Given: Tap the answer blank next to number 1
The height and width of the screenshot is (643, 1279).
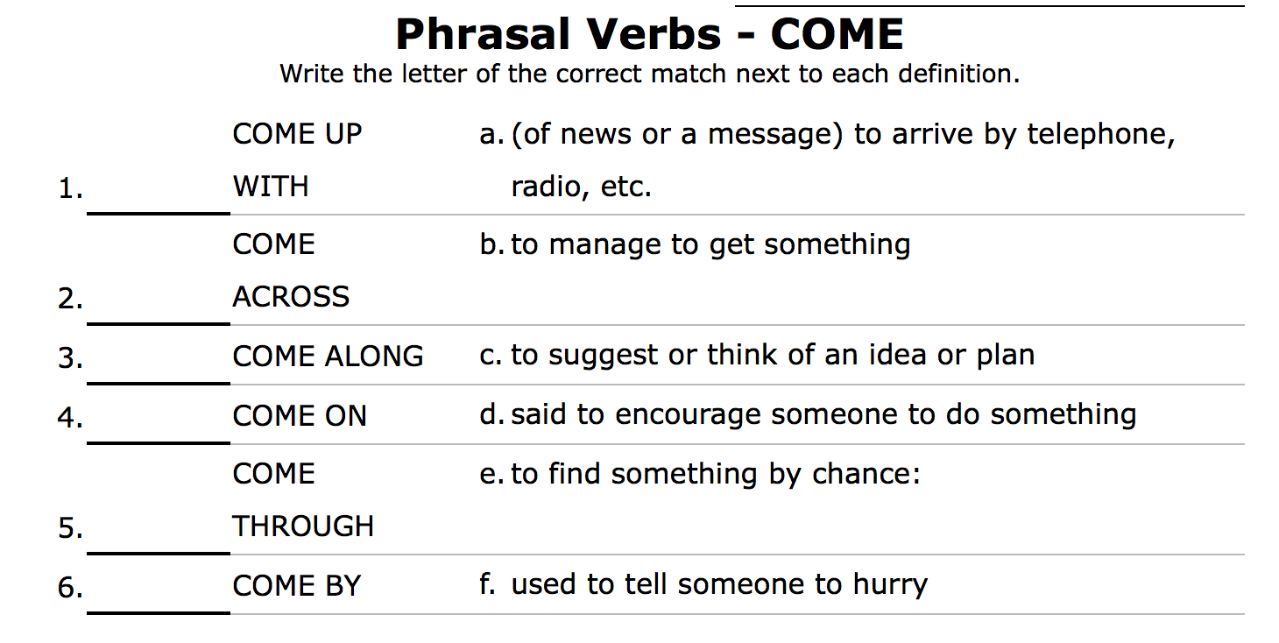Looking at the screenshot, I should coord(159,197).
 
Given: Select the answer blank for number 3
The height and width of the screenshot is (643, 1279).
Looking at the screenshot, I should coord(159,368).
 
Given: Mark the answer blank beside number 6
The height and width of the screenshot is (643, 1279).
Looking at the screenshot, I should coord(159,597).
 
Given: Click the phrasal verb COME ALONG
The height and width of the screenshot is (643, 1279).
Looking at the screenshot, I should coord(328,357).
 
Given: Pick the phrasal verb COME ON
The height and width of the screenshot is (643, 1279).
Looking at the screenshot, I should coord(300,416).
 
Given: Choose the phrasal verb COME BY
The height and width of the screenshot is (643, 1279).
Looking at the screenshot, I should coord(296,586).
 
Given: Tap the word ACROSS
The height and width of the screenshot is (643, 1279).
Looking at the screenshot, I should coord(291,298).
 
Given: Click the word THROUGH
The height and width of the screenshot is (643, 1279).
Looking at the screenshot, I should coord(303,526).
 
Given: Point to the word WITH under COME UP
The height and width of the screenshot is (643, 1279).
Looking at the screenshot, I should coord(271,187).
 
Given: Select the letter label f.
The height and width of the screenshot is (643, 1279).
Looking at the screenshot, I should coord(488,583).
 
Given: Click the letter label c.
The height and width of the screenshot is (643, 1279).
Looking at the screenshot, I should coord(491,356).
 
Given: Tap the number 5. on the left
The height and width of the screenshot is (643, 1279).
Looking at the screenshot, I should coord(70,529).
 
